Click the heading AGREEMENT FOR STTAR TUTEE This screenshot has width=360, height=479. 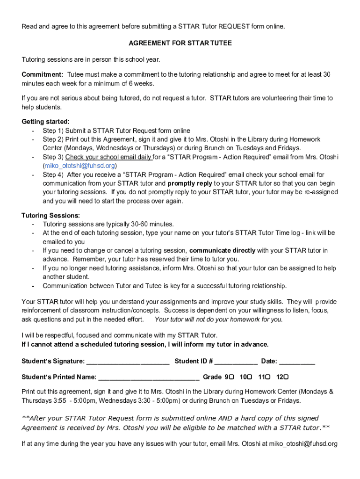[180, 43]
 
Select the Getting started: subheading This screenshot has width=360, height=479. [45, 122]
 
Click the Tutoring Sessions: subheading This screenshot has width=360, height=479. [50, 216]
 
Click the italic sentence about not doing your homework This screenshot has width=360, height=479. [218, 319]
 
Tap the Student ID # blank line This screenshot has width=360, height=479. [236, 361]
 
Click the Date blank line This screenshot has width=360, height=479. [297, 361]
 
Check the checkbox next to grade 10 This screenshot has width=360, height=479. [250, 377]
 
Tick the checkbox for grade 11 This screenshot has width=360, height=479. [268, 377]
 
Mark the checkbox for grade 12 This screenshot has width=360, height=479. [286, 377]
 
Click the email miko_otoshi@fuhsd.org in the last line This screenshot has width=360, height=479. [302, 444]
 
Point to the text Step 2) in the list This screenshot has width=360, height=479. [53, 139]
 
